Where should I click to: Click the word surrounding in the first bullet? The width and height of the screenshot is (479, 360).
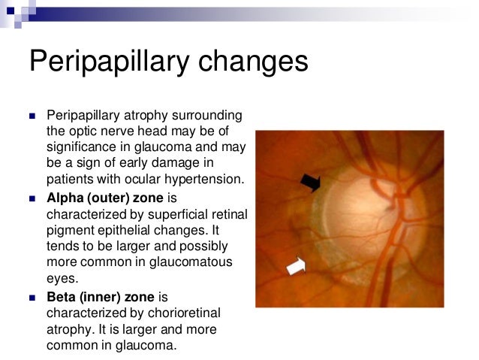(209, 116)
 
